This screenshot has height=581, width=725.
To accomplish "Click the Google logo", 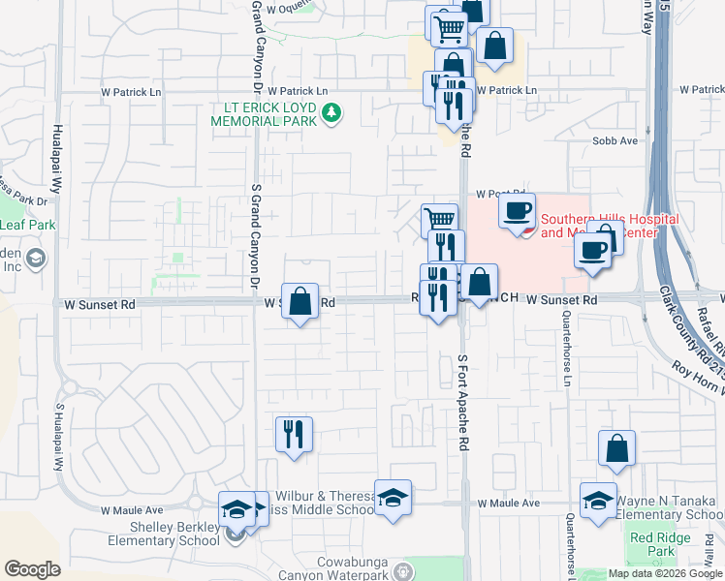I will pos(32,569).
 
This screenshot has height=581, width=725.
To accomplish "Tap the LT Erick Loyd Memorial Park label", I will pos(267,114).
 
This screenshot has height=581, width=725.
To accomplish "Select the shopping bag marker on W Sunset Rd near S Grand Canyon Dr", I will pos(300,301).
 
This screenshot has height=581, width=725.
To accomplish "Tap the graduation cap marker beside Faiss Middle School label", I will pos(393,499).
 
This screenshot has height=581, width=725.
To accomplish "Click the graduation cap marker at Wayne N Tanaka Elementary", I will pos(598,501).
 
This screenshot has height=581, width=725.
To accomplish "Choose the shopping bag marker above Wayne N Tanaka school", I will pos(617,449).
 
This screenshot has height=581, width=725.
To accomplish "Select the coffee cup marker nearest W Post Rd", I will pos(518,209).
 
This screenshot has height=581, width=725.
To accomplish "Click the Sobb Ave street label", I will pos(615,140).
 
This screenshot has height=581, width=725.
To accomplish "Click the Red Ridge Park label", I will pos(651,544).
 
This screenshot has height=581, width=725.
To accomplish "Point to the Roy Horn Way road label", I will pos(697,377).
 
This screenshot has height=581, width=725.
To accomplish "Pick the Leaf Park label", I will pos(27,226).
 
